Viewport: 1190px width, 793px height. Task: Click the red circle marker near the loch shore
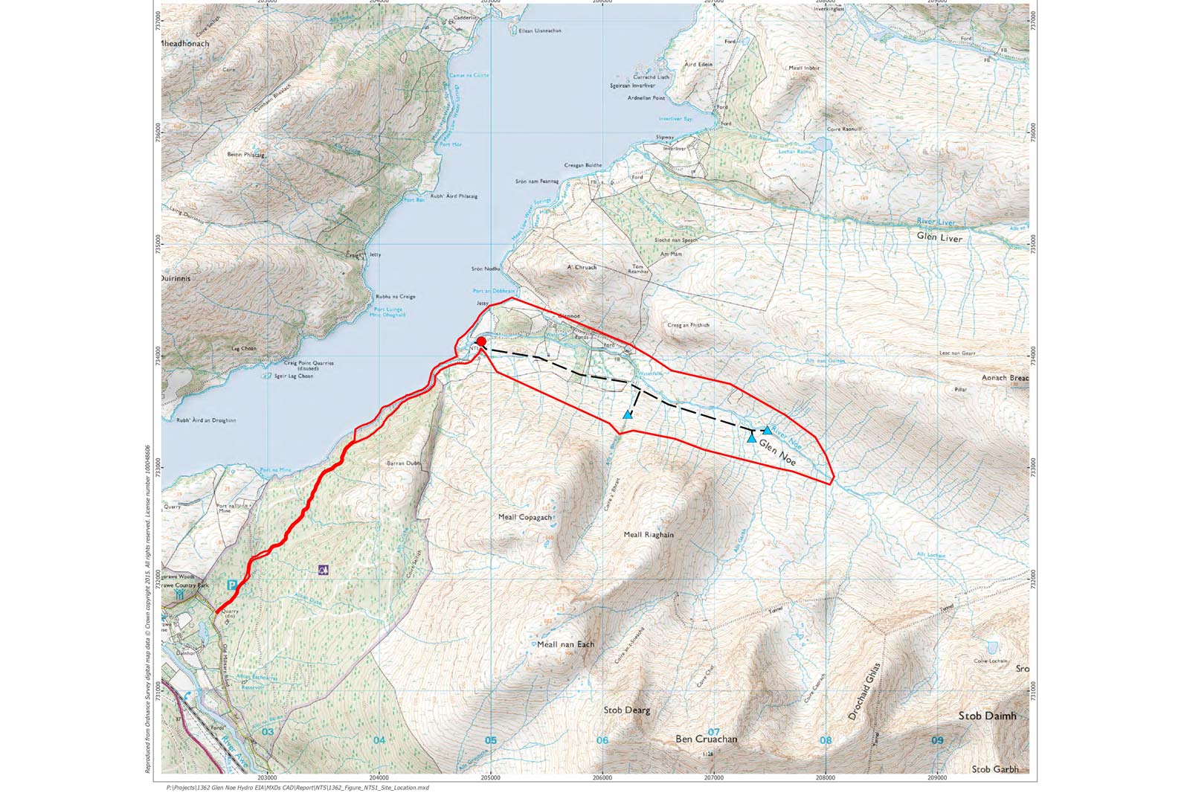(x=481, y=341)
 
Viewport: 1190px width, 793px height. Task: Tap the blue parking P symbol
(x=231, y=585)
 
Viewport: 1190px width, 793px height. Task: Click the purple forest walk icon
(x=323, y=570)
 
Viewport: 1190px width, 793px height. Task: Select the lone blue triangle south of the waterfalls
(x=628, y=414)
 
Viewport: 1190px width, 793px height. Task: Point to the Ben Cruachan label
(x=706, y=739)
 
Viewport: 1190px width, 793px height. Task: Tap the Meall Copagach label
(x=525, y=517)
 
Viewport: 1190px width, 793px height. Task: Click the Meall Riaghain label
(x=649, y=535)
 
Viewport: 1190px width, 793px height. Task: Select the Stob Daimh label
(x=986, y=716)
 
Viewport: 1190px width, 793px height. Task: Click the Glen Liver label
(x=939, y=238)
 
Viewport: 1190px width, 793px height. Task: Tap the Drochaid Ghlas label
(x=863, y=691)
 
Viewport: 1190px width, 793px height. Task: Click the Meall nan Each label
(x=565, y=644)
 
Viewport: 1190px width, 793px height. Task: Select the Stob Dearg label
(x=627, y=710)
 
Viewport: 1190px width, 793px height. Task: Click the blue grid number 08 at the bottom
(x=825, y=741)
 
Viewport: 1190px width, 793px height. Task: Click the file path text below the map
(x=297, y=787)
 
